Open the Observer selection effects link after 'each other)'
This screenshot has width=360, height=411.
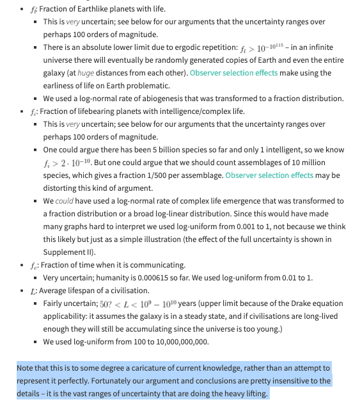(x=234, y=73)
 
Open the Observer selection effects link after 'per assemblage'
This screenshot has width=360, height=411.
(x=269, y=175)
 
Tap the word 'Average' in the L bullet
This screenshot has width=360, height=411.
(x=54, y=290)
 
